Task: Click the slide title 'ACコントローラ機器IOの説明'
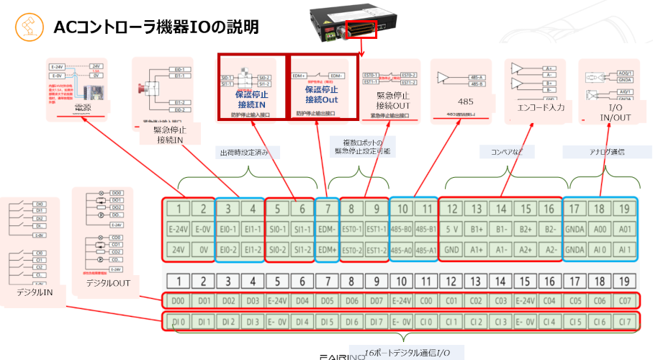pyautogui.click(x=156, y=27)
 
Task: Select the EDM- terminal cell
pyautogui.click(x=328, y=230)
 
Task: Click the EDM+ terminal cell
pyautogui.click(x=328, y=249)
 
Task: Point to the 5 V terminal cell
pyautogui.click(x=452, y=230)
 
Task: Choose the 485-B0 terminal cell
pyautogui.click(x=402, y=230)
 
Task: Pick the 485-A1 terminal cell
pyautogui.click(x=427, y=249)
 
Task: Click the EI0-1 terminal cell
pyautogui.click(x=228, y=230)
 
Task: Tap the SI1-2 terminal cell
pyautogui.click(x=302, y=249)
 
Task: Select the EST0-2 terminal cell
pyautogui.click(x=352, y=249)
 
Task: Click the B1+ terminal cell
pyautogui.click(x=477, y=230)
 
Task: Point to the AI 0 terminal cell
pyautogui.click(x=600, y=249)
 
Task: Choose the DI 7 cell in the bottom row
pyautogui.click(x=377, y=320)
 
